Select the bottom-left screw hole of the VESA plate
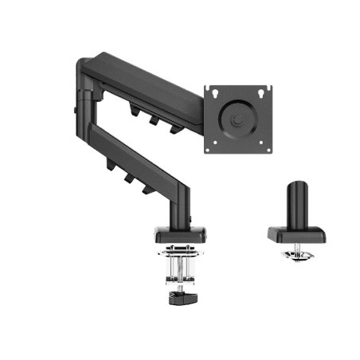coord(211,147)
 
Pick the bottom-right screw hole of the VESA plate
coord(263,147)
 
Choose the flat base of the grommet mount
coord(295,234)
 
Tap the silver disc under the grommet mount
coord(298,256)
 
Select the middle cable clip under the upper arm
coord(151,118)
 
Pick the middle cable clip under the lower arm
coord(128,177)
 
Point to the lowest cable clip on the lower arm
coord(147,188)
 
